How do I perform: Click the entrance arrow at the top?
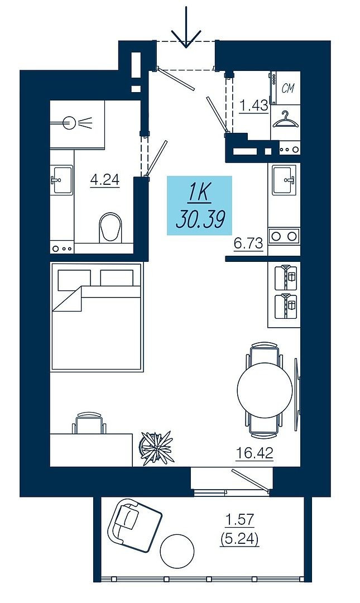[x=186, y=27]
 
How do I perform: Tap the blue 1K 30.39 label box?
[x=199, y=205]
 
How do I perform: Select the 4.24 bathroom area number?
[x=104, y=180]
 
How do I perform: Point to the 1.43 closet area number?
[x=253, y=106]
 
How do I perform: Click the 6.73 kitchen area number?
[x=248, y=243]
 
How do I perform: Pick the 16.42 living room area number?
[x=255, y=453]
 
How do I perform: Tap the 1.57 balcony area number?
[x=239, y=520]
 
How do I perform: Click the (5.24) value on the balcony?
[x=239, y=539]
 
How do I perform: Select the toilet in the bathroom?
[x=111, y=228]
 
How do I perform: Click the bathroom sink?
[x=61, y=180]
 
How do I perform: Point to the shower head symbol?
[x=73, y=123]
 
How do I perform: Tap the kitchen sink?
[x=284, y=180]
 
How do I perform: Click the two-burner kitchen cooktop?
[x=284, y=236]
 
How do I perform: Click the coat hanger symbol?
[x=285, y=119]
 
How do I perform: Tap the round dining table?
[x=265, y=390]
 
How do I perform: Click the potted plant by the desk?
[x=156, y=448]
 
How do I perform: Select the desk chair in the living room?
[x=89, y=423]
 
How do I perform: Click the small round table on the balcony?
[x=176, y=551]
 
